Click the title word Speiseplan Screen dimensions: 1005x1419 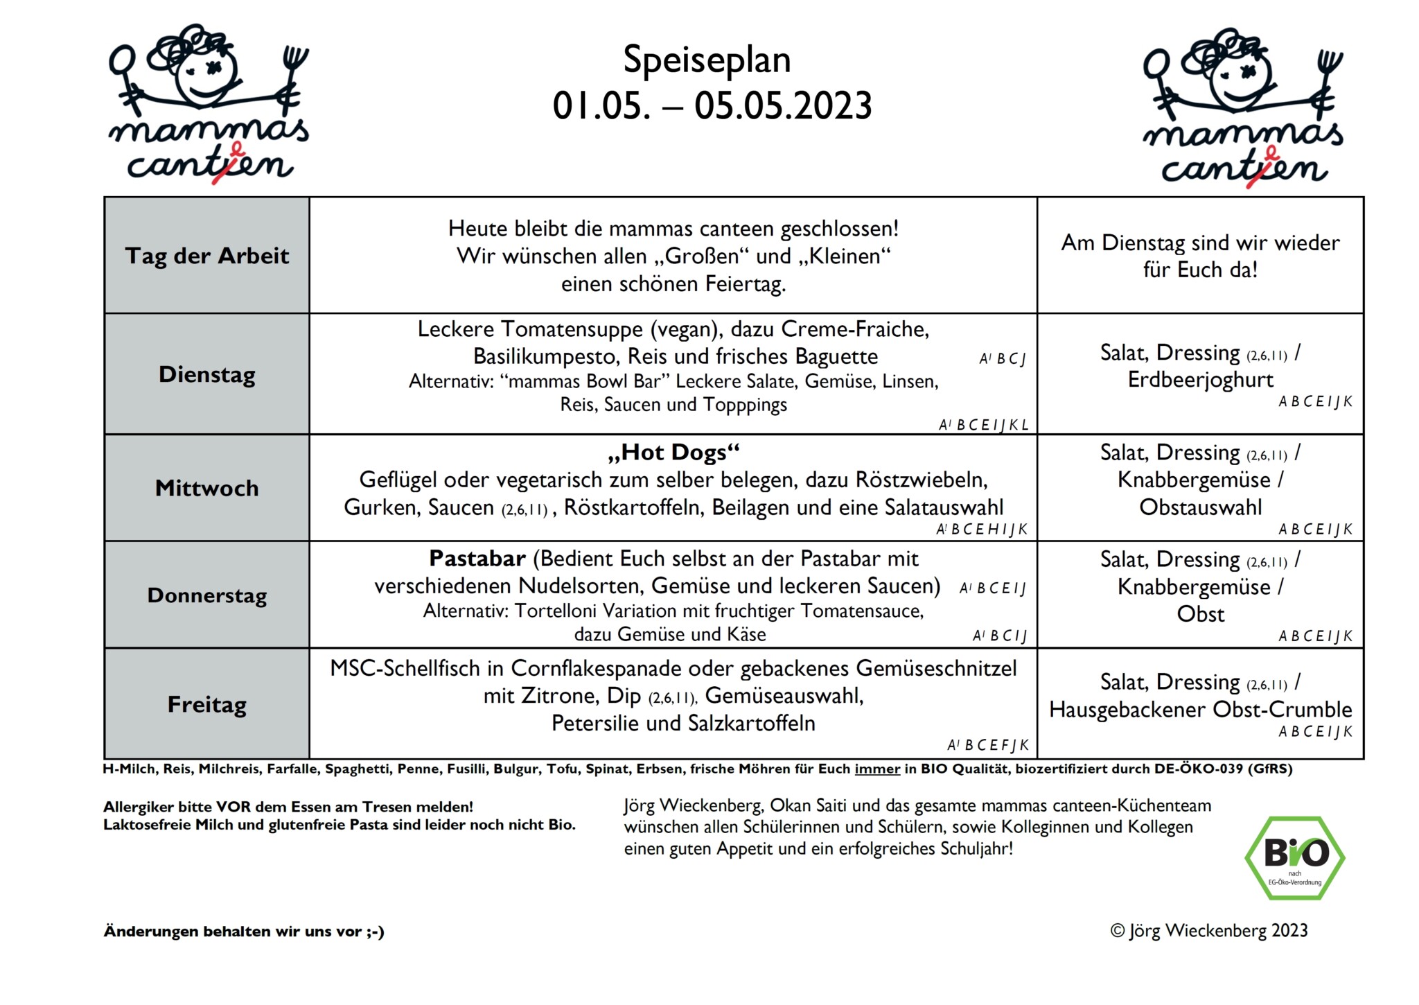tap(707, 60)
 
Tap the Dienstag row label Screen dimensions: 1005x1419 tap(206, 375)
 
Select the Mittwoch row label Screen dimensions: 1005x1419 tap(206, 488)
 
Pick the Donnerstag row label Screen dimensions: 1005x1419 tap(206, 595)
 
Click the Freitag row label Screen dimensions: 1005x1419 tap(206, 704)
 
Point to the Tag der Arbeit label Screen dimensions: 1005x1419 tap(206, 256)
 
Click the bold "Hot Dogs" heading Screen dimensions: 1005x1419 tap(673, 453)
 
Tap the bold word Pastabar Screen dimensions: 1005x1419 tap(477, 559)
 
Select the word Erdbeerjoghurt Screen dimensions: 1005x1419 tap(1200, 380)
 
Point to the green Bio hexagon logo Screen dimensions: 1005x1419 tap(1294, 857)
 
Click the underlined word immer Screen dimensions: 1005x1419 tap(877, 769)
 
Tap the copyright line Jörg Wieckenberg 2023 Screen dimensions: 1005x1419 tap(1209, 931)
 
